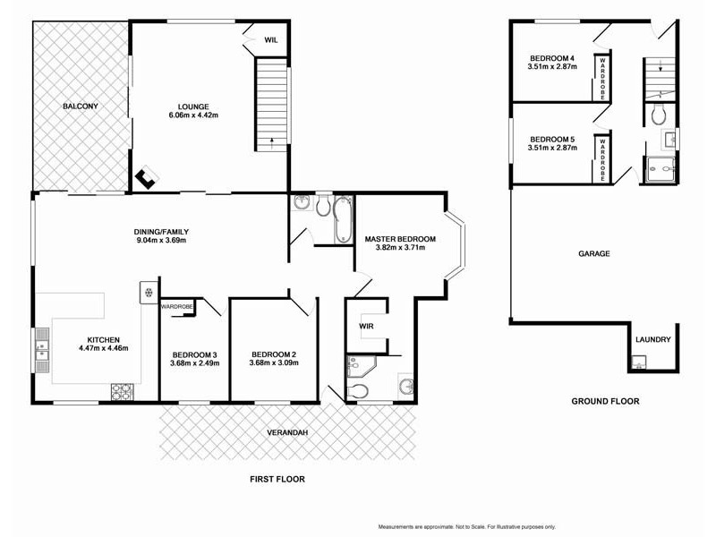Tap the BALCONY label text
tap(80, 107)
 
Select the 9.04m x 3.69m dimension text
tap(162, 241)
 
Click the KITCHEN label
tap(104, 339)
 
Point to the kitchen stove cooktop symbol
tap(122, 391)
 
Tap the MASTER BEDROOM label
tap(400, 239)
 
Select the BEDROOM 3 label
tap(195, 355)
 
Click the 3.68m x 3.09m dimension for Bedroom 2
tap(273, 364)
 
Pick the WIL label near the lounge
tap(271, 39)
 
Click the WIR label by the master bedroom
tap(366, 327)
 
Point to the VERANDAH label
tap(287, 433)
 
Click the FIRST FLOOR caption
tap(277, 480)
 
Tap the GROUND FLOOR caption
tap(605, 402)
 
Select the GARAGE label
tap(593, 254)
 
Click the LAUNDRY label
tap(652, 340)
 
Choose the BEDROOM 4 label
tap(551, 58)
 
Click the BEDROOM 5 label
tap(551, 140)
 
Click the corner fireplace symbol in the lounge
tap(145, 180)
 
